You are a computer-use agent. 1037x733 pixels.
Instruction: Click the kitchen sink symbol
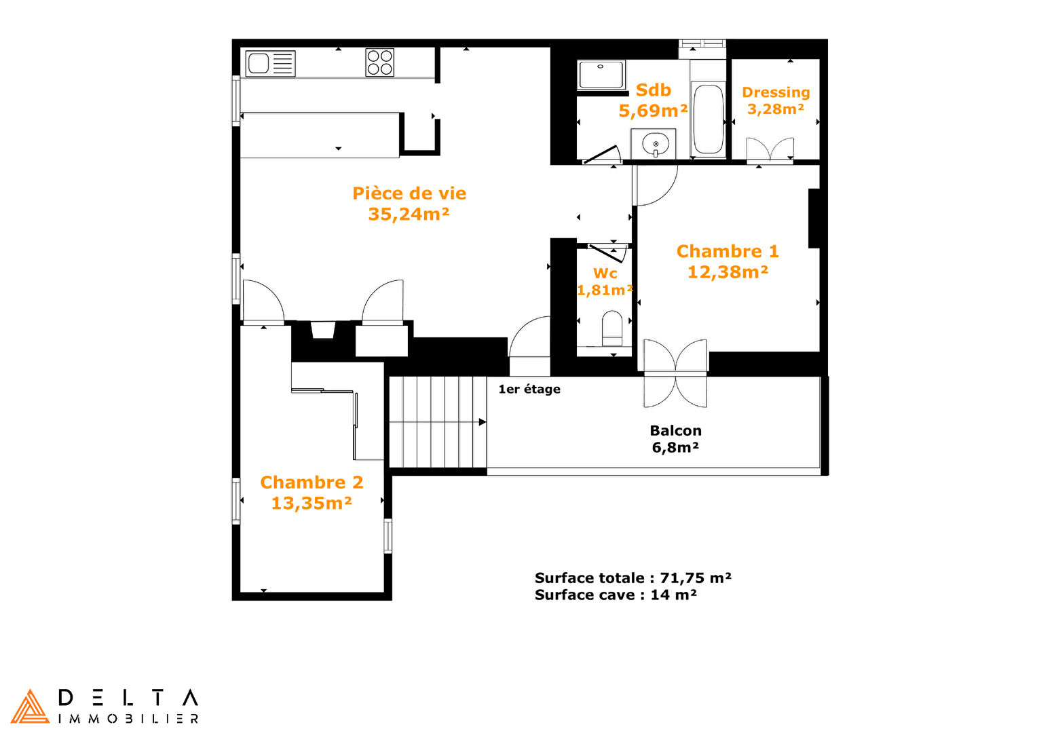[x=270, y=63]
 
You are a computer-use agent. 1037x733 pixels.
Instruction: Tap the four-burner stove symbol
[x=379, y=62]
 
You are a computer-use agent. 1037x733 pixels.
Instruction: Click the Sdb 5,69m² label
[x=654, y=100]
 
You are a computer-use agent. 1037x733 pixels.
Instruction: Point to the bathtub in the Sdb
[x=708, y=119]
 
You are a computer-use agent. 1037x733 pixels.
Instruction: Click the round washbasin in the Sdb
[x=655, y=143]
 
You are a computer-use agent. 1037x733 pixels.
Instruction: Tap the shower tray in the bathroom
[x=601, y=74]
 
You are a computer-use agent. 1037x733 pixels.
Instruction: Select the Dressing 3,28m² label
[x=776, y=100]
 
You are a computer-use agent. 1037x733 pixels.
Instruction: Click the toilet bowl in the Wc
[x=612, y=328]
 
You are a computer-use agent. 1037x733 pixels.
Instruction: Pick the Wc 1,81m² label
[x=605, y=282]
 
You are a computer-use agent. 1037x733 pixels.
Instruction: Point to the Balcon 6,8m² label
[x=675, y=439]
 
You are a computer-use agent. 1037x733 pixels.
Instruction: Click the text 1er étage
[x=529, y=389]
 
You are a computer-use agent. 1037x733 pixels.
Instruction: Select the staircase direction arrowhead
[x=483, y=422]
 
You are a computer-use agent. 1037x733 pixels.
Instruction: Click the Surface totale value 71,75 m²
[x=696, y=578]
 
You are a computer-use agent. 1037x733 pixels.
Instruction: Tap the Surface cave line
[x=616, y=595]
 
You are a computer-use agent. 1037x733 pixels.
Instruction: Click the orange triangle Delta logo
[x=30, y=707]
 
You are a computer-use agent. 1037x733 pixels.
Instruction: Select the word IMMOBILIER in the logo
[x=129, y=719]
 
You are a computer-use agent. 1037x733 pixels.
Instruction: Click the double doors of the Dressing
[x=770, y=149]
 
